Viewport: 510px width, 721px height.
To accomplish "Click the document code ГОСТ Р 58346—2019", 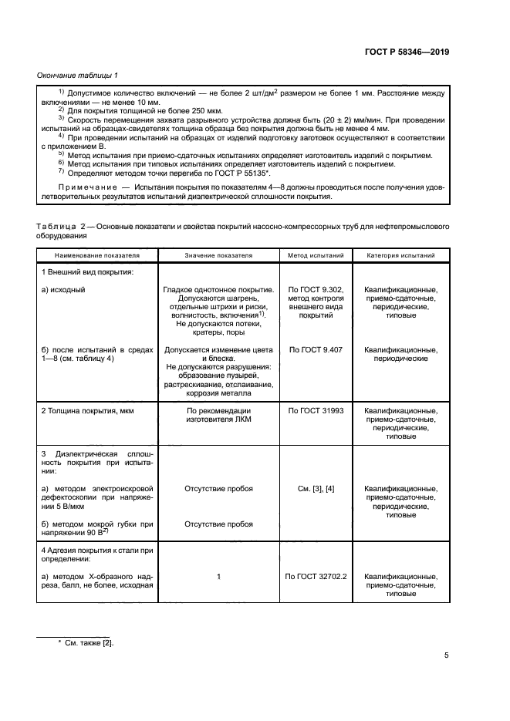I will [x=406, y=53].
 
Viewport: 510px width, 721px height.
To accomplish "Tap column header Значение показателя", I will [x=218, y=254].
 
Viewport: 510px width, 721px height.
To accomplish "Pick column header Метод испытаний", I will [x=316, y=254].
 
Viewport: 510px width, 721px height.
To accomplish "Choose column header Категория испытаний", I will [x=400, y=254].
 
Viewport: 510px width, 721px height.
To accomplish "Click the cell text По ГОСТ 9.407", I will [x=316, y=349].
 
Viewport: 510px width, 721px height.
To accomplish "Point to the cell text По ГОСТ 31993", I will [x=316, y=412].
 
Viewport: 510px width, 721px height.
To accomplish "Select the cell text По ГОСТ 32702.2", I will [x=316, y=576].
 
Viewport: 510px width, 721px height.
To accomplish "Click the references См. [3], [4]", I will [x=316, y=489].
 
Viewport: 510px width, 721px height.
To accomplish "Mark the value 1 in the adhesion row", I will [x=219, y=576].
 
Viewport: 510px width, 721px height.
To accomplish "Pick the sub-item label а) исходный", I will [x=62, y=289].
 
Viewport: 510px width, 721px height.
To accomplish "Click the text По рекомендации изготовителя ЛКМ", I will [x=219, y=416].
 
